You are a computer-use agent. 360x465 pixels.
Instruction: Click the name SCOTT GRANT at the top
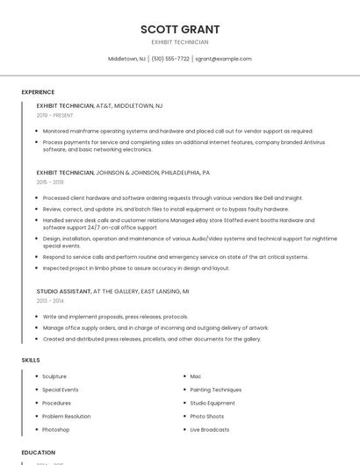(x=180, y=29)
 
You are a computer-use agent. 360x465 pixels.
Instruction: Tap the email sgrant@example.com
(x=223, y=59)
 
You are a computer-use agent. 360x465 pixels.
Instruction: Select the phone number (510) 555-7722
(x=170, y=59)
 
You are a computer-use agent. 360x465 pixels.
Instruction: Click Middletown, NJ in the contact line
(x=126, y=59)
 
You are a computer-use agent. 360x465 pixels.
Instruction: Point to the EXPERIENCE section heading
(x=38, y=92)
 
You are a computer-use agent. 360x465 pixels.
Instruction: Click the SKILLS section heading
(x=31, y=360)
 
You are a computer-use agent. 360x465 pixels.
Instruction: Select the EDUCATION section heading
(x=38, y=452)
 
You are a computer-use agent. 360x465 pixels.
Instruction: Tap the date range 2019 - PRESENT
(x=54, y=115)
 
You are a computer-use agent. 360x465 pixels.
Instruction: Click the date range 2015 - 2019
(x=50, y=182)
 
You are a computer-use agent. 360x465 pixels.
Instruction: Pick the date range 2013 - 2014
(x=50, y=300)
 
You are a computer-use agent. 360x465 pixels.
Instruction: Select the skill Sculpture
(x=54, y=376)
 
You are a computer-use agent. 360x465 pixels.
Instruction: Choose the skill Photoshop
(x=55, y=430)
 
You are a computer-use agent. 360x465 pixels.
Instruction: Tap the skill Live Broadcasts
(x=209, y=430)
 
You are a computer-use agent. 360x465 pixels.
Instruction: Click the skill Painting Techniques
(x=215, y=390)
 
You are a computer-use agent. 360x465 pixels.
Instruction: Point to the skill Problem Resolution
(x=66, y=416)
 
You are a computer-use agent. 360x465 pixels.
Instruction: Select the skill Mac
(x=196, y=376)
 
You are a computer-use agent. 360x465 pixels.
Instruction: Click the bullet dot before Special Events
(x=37, y=390)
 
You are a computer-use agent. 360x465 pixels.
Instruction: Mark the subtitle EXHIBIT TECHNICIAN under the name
(x=180, y=42)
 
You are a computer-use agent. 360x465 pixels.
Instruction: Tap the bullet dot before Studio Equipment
(x=184, y=403)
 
